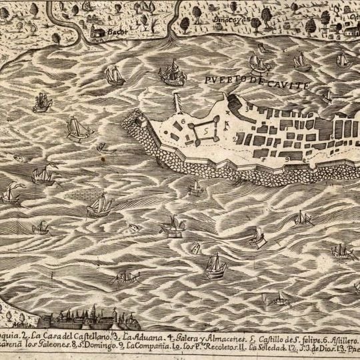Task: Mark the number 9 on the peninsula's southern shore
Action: tap(283, 160)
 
